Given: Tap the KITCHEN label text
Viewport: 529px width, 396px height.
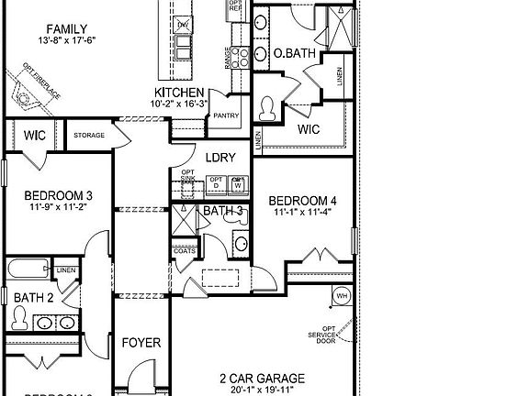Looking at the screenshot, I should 178,93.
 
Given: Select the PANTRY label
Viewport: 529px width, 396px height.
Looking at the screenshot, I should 225,115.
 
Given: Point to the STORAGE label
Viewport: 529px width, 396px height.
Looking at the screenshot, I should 89,136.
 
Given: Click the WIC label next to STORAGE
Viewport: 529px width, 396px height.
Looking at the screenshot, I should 35,136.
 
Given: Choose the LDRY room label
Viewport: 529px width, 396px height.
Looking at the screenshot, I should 221,158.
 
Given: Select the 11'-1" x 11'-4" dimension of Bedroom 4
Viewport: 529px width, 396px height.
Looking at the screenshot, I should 301,213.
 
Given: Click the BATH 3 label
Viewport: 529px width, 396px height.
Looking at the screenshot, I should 222,210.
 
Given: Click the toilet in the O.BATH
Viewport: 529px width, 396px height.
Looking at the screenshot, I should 268,109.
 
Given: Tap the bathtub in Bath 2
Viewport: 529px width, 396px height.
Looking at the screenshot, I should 28,270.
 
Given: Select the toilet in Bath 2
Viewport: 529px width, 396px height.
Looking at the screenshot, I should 18,317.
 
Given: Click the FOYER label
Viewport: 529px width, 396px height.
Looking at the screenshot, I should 141,343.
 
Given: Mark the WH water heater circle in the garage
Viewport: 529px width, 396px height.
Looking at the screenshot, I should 341,296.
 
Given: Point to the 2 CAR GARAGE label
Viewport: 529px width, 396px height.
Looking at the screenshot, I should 262,378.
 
